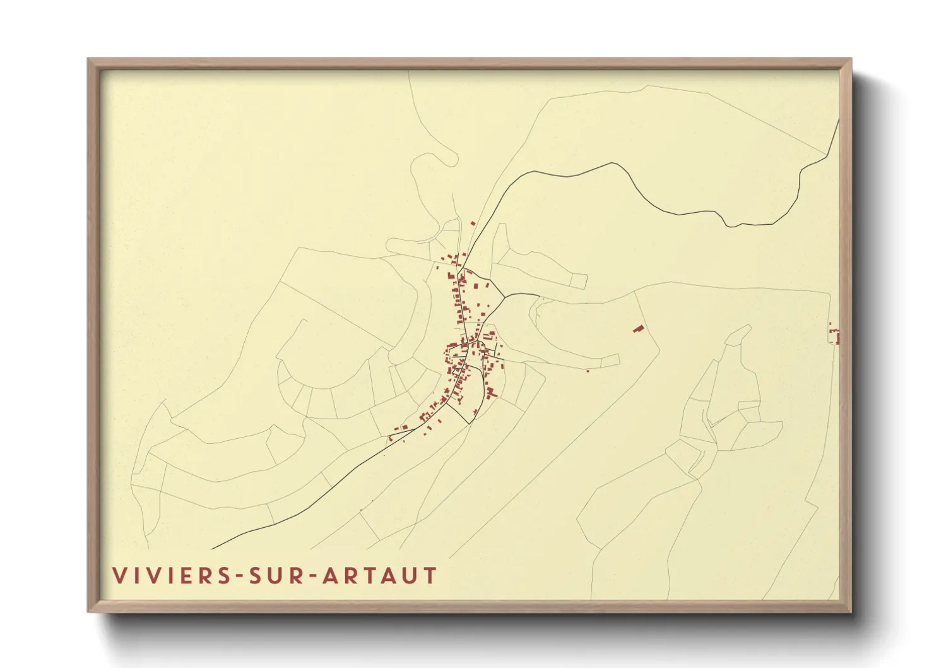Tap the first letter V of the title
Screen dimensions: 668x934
coord(119,576)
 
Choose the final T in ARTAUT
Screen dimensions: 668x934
coord(430,576)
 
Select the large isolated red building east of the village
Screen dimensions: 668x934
coord(639,328)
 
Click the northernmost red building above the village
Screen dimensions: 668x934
coord(473,223)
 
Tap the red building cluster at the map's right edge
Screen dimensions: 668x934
coord(836,334)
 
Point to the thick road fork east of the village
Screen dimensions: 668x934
coord(504,296)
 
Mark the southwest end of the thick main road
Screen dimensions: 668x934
coord(212,549)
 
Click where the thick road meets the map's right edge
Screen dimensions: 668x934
coord(839,120)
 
